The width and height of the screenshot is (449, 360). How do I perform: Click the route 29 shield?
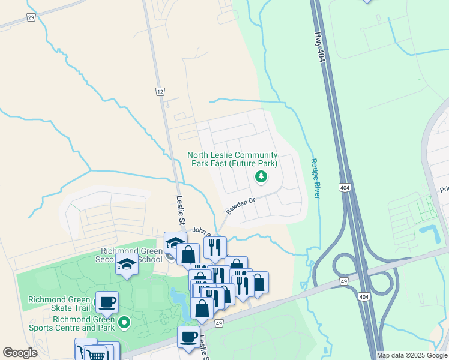tap(31, 18)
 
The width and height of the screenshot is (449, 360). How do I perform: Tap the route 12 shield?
tap(159, 91)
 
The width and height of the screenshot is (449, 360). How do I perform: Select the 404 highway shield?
tap(344, 188)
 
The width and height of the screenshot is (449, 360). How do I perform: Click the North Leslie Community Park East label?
tap(233, 159)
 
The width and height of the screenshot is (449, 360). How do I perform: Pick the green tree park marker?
tap(261, 176)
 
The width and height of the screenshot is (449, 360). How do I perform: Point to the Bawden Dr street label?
tap(240, 206)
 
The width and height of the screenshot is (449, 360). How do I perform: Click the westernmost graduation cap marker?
tap(127, 266)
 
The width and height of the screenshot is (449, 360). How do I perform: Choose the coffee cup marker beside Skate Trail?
tap(107, 302)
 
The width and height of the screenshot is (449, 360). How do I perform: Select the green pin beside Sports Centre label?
tap(124, 323)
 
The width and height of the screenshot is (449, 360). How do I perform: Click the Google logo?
tap(20, 353)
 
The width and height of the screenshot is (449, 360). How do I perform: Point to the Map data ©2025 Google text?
tap(412, 355)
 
